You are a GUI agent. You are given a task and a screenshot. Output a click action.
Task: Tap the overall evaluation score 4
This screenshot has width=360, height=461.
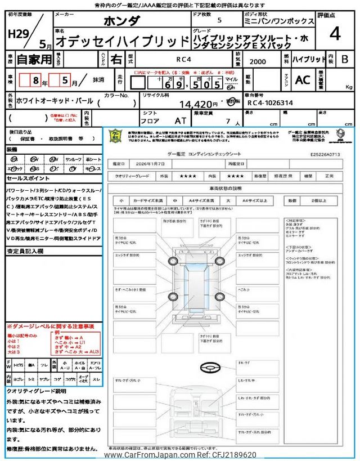pos(335,34)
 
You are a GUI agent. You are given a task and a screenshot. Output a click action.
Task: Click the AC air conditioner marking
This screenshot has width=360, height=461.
pos(302,80)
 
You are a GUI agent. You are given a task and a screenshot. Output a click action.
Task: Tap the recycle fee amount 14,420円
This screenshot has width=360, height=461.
pos(197,104)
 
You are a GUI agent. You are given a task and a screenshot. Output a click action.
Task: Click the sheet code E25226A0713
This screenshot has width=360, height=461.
pos(325,153)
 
